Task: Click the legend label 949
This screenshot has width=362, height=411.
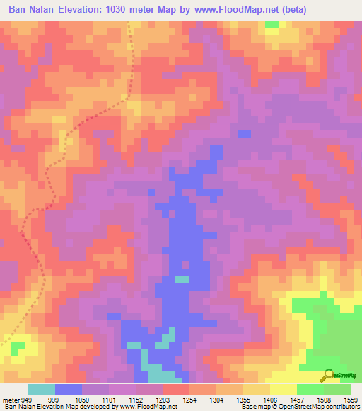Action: (28, 400)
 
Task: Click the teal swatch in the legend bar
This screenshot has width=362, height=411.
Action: (41, 389)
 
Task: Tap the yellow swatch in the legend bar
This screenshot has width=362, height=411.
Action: (283, 389)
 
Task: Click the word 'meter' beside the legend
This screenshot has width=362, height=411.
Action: (11, 400)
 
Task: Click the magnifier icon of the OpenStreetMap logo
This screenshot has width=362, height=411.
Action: (328, 374)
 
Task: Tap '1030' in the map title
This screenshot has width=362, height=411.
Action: (124, 9)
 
